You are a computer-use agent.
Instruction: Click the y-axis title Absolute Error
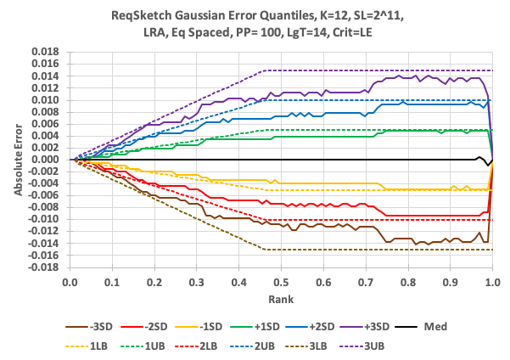point(18,160)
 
